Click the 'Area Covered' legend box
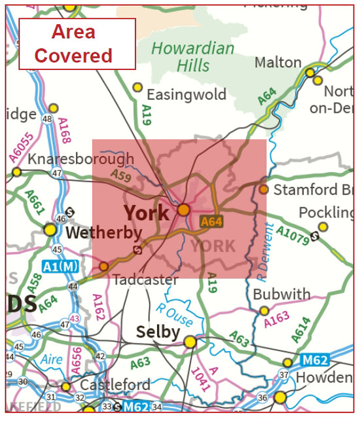pos(77,44)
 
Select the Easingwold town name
pos(187,94)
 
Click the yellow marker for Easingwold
pos(137,87)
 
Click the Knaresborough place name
pos(81,159)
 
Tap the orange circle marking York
pos(184,210)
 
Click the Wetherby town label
pos(104,232)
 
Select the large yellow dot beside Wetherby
pos(50,229)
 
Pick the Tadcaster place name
pos(145,280)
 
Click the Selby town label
pos(157,333)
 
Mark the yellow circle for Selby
pos(190,342)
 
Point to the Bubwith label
pos(281,294)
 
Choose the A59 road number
pos(121,176)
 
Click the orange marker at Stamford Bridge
pos(263,189)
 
